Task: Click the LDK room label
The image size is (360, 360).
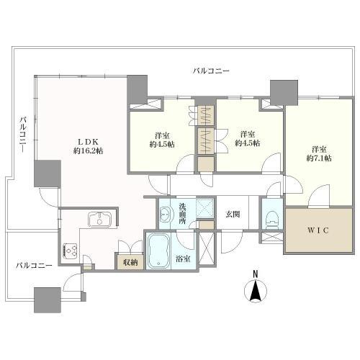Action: coord(88,141)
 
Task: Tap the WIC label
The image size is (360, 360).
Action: coord(318,230)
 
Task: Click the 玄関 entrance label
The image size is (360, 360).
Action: coord(233,214)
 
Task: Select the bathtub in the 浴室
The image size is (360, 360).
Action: coord(158,251)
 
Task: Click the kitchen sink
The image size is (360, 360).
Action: coord(100,219)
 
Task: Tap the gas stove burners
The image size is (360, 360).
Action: coord(70,251)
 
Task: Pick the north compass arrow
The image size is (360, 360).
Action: coord(256,290)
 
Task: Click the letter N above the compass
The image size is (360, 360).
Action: coord(256,274)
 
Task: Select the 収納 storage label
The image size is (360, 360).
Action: coord(130,263)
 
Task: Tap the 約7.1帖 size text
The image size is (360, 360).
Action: coord(319,158)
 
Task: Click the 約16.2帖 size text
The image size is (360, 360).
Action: coord(88,151)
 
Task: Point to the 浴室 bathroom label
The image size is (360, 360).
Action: coord(183,259)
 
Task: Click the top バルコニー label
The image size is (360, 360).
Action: coord(211,71)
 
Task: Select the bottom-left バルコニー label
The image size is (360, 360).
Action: coord(34,266)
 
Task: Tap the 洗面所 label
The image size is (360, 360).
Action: coord(183,214)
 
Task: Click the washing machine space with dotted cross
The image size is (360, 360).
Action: coord(204,208)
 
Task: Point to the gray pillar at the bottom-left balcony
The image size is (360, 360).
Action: coord(48,300)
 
